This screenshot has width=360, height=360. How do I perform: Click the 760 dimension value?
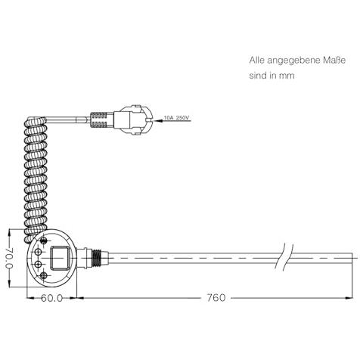[216, 298]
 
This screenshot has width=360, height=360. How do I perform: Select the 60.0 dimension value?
[51, 298]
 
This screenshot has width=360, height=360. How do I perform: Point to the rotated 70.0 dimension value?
[9, 258]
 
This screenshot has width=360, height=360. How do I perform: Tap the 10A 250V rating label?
[176, 118]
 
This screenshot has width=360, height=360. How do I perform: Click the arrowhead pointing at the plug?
[157, 121]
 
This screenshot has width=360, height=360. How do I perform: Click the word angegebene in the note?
[293, 61]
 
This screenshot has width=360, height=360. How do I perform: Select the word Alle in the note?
[257, 61]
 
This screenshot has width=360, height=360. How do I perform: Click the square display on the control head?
[60, 258]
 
